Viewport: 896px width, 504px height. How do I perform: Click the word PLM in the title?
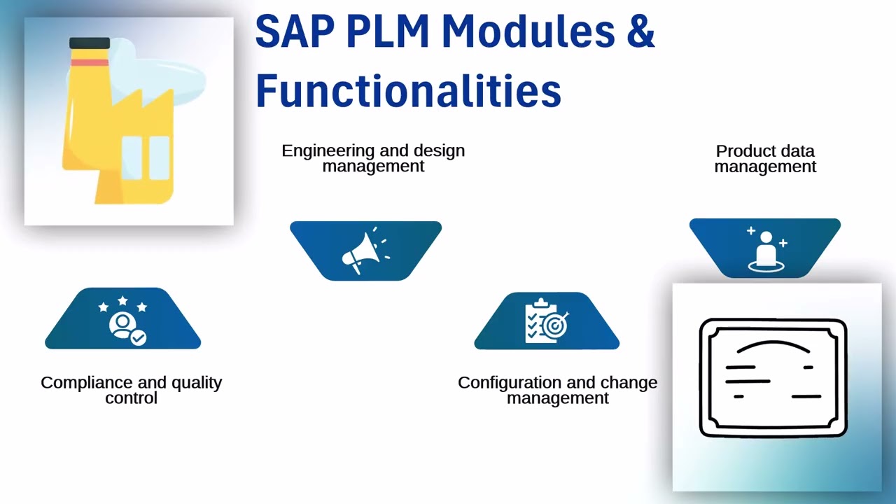tap(387, 32)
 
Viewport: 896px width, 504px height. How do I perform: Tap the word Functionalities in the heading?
tap(408, 91)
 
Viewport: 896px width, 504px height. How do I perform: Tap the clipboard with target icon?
tap(547, 321)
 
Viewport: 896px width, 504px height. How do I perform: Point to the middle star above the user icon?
tap(122, 301)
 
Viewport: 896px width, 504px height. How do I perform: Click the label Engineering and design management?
tap(373, 158)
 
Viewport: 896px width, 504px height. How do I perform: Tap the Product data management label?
tap(765, 159)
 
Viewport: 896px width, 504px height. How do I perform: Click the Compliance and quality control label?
tap(131, 390)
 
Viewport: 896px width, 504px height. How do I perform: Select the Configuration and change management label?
tap(557, 390)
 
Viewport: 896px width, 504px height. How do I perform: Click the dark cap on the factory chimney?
tap(90, 43)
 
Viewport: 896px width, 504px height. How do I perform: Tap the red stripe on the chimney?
tap(90, 62)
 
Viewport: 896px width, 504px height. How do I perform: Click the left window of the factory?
tap(132, 157)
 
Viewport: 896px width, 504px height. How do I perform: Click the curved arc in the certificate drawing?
tap(773, 346)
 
